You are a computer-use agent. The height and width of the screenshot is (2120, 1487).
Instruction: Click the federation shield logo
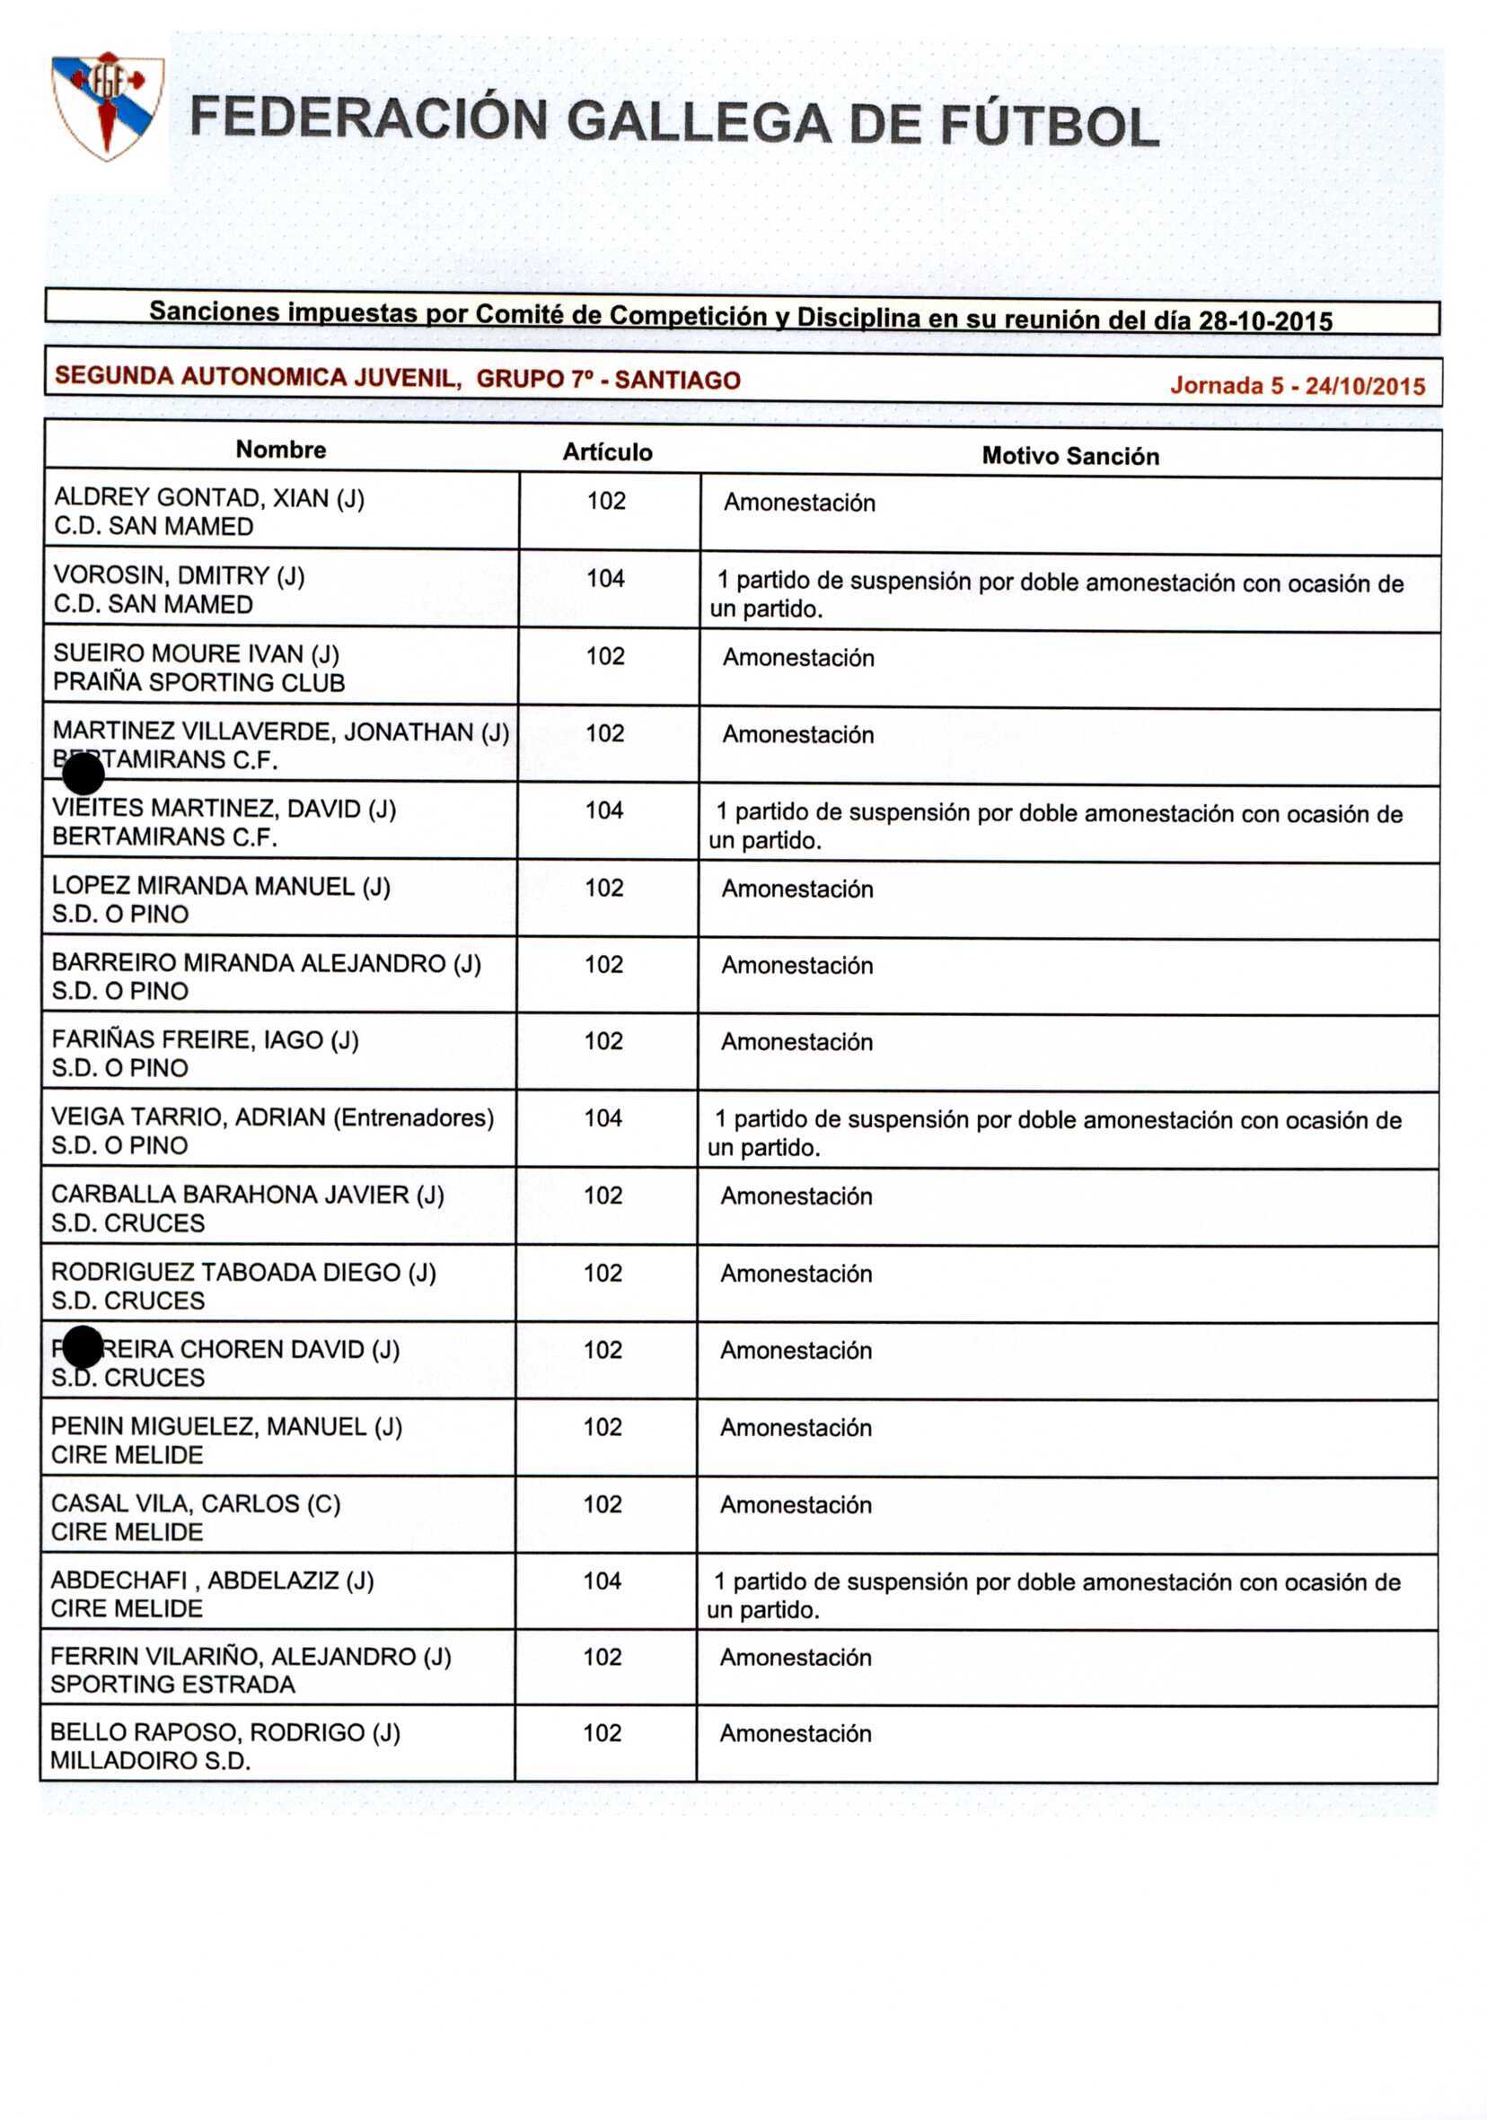tap(107, 104)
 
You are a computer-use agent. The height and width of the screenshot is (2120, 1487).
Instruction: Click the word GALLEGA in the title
tap(699, 123)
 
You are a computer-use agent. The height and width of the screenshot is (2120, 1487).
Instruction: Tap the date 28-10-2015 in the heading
tap(1264, 321)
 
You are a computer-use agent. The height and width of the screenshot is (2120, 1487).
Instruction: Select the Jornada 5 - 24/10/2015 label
tap(1297, 386)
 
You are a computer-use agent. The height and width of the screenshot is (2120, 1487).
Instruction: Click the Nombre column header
tap(281, 450)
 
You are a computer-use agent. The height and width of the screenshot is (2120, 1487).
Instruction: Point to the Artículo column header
tap(607, 452)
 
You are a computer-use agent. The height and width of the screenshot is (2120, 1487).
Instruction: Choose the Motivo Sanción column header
tap(1069, 456)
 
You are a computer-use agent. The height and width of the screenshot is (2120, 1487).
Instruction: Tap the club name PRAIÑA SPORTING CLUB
tap(198, 682)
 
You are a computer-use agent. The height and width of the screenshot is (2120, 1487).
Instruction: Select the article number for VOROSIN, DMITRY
tap(605, 579)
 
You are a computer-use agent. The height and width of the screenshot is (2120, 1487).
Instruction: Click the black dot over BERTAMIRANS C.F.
tap(84, 774)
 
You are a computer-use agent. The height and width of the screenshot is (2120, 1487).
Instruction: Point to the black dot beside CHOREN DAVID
tap(84, 1347)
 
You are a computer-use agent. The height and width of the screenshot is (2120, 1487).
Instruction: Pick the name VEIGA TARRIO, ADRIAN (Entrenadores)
tap(272, 1117)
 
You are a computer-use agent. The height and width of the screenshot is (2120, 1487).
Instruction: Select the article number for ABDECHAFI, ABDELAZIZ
tap(602, 1581)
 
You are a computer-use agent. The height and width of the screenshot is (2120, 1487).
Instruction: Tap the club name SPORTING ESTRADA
tap(172, 1684)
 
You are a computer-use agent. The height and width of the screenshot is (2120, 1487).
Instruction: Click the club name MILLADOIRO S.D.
tap(151, 1761)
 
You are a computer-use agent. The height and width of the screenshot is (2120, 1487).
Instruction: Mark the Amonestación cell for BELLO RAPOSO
tap(796, 1734)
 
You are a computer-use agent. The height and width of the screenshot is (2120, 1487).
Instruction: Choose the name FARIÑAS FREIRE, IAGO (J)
tap(205, 1039)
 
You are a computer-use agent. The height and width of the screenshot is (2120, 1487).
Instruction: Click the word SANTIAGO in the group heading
tap(677, 381)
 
